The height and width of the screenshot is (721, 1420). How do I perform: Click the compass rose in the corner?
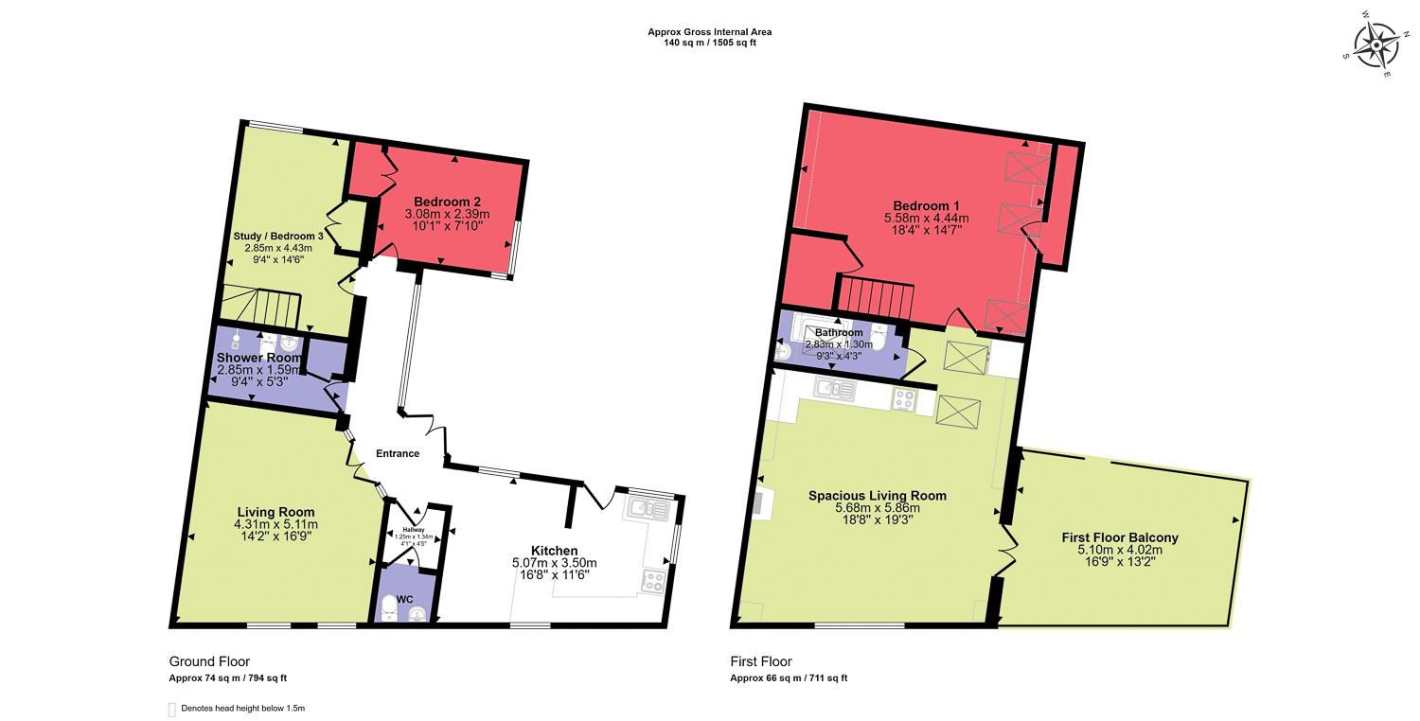click(1374, 46)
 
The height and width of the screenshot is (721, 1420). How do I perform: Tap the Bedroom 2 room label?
click(448, 202)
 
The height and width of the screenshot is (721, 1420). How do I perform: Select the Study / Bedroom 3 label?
click(279, 236)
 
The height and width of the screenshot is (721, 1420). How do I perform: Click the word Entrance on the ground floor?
click(398, 453)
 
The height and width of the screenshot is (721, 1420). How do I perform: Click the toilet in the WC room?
click(387, 610)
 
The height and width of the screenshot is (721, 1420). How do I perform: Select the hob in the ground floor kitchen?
click(652, 581)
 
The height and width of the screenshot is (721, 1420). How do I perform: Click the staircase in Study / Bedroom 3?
click(261, 308)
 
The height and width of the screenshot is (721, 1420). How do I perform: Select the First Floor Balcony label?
click(1120, 537)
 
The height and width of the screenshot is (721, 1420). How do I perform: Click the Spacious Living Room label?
click(877, 495)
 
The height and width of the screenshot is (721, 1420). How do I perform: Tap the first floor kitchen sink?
click(835, 387)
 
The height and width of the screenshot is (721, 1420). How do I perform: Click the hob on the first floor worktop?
click(904, 400)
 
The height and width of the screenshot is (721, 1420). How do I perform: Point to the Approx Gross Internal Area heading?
click(709, 32)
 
